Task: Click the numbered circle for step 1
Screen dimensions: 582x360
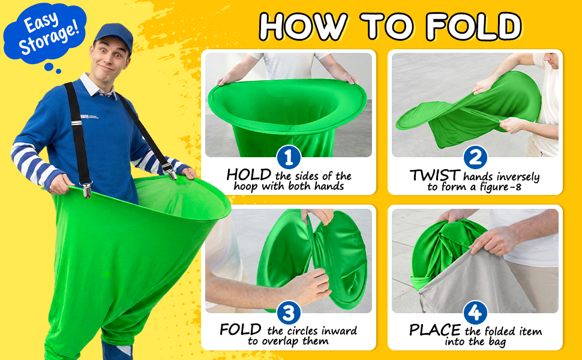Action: [289, 157]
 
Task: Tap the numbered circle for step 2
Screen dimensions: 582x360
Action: [475, 157]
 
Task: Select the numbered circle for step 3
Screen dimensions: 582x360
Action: [289, 313]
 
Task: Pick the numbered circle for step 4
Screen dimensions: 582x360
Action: [475, 313]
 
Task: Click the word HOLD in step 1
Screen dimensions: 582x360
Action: [248, 175]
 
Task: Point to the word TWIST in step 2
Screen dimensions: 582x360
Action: [435, 175]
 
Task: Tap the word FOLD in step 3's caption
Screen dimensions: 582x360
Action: [241, 329]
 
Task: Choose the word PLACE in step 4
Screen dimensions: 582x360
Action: [434, 330]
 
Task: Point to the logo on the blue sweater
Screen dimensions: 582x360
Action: [89, 117]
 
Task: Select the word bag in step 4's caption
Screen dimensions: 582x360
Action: [497, 342]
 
